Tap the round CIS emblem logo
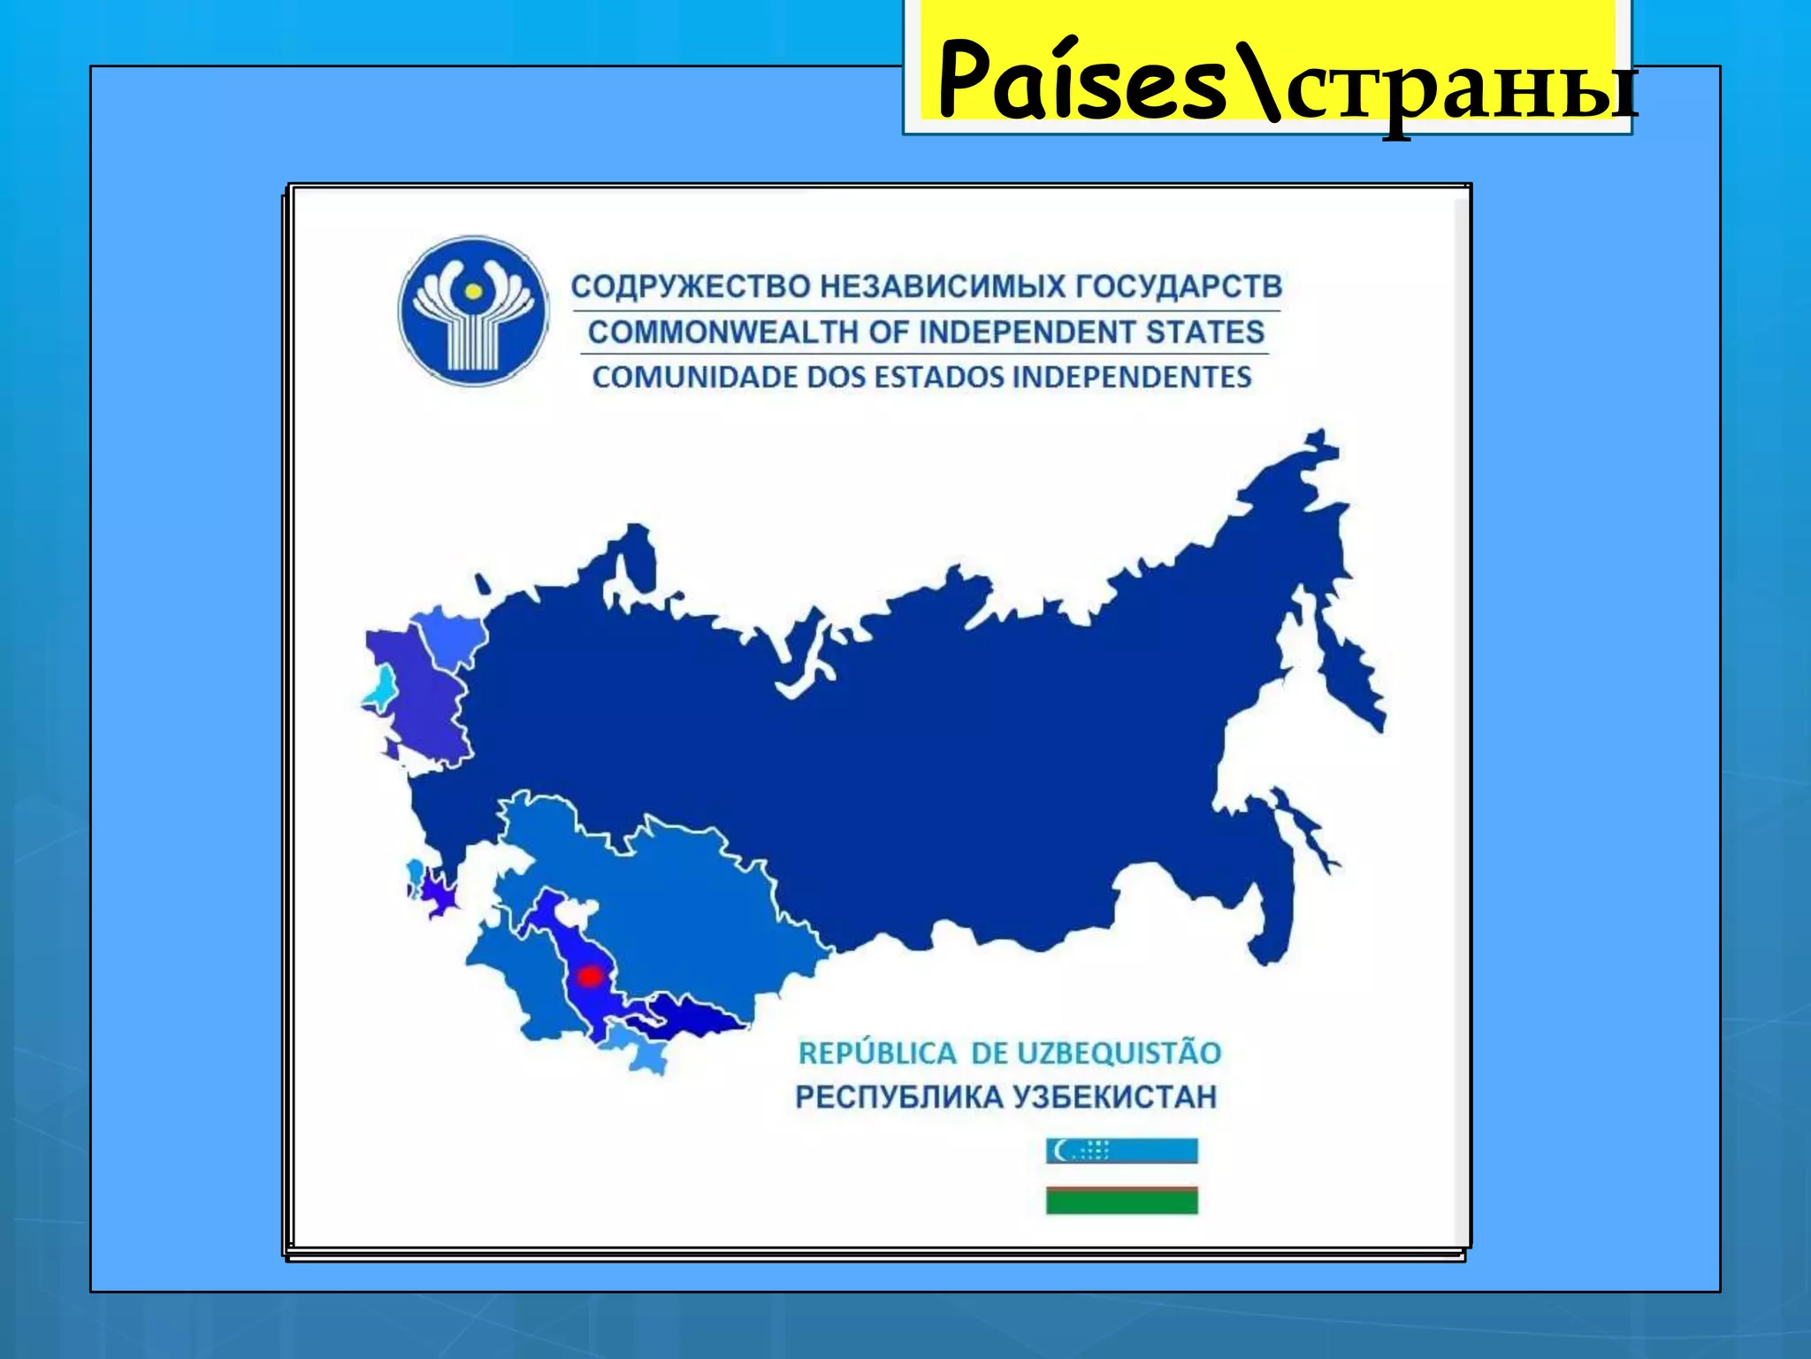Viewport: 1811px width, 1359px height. pos(473,311)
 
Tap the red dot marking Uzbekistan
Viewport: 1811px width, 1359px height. pos(590,977)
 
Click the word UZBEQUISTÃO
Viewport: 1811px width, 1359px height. pos(1119,1054)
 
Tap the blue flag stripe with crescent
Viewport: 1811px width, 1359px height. pos(1121,1151)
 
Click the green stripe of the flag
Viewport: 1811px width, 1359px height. pos(1121,1202)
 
